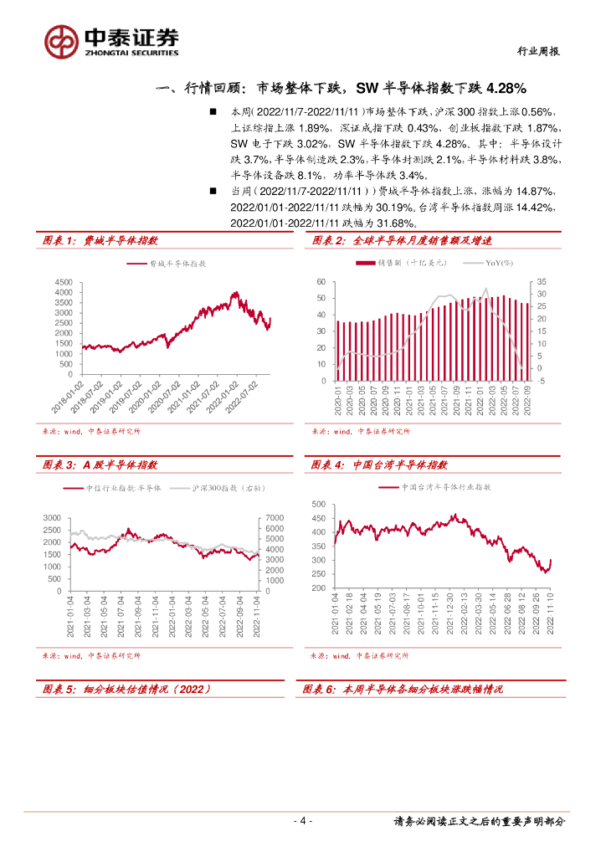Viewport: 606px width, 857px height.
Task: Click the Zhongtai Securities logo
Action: coord(111,40)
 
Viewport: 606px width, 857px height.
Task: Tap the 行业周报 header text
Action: coord(536,51)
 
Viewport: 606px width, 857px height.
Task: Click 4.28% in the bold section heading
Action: coord(504,88)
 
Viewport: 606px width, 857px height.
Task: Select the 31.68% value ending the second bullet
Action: coord(391,223)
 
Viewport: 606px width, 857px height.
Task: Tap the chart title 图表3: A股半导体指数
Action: coord(100,464)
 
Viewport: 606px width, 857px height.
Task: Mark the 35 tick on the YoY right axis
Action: coord(541,282)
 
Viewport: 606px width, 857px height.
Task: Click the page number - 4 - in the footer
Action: coord(303,821)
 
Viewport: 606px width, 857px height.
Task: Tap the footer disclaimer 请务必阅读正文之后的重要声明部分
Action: coord(479,821)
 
